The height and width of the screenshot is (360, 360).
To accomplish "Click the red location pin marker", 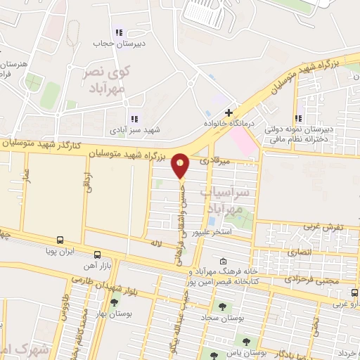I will click(x=181, y=165).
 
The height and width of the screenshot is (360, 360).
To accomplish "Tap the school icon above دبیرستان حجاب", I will click(x=119, y=32).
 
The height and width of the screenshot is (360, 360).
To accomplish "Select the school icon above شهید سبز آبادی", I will click(x=134, y=120).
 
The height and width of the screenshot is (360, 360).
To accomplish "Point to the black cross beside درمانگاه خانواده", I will click(x=228, y=112).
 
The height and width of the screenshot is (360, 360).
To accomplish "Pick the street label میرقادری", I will click(x=214, y=161).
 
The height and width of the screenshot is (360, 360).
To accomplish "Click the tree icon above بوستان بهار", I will click(x=114, y=302).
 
